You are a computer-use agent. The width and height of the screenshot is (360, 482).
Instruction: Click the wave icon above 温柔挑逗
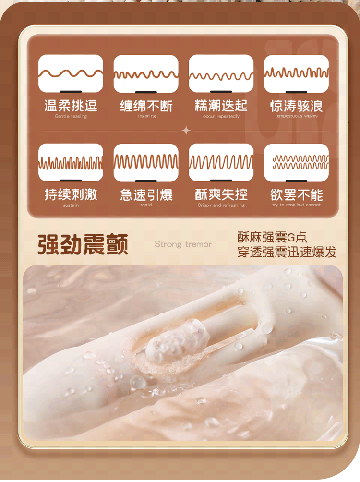pos(71,73)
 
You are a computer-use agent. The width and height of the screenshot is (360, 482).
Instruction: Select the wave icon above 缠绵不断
pos(146,74)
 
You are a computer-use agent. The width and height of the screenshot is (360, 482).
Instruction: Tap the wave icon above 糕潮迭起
pos(221,74)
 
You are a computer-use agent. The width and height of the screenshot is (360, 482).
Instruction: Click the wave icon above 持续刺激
pos(71,162)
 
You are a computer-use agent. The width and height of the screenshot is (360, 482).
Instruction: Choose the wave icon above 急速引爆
pos(146,162)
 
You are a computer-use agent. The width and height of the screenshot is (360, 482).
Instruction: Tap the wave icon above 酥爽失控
pos(221,162)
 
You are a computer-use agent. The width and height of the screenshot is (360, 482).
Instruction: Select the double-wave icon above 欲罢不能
pos(296,162)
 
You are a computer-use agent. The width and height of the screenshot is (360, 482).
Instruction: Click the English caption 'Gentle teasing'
pos(71,116)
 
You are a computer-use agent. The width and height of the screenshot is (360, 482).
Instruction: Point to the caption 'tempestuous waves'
pos(296,116)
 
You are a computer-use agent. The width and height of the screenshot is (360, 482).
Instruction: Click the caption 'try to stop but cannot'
pos(296,205)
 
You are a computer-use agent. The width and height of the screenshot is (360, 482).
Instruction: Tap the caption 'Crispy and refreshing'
pos(221,205)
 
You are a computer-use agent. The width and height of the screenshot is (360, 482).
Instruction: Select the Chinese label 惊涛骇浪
pos(296,106)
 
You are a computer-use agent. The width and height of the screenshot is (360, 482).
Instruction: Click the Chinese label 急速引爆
pos(146,194)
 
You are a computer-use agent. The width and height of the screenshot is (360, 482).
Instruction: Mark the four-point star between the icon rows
pos(186,131)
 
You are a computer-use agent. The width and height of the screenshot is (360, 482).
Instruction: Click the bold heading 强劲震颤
pos(83,244)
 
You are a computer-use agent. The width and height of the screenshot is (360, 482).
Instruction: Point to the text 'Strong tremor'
pos(183,244)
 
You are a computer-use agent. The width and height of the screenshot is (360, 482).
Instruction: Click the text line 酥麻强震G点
pos(272,237)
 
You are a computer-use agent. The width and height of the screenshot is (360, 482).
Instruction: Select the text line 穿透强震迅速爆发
pos(287,252)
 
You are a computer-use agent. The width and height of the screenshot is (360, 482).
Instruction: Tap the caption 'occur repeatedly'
pos(221,116)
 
